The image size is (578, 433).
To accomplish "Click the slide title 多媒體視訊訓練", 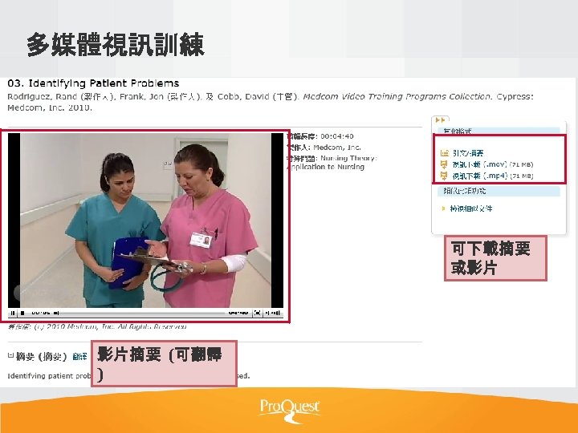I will pyautogui.click(x=116, y=45).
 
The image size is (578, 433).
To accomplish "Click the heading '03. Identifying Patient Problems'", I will pyautogui.click(x=94, y=83).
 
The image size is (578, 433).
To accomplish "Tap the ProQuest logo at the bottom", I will pyautogui.click(x=289, y=407).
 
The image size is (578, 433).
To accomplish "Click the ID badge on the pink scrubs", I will pyautogui.click(x=200, y=239).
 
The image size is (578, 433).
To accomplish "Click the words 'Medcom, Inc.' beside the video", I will pyautogui.click(x=340, y=148).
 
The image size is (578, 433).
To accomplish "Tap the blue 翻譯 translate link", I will pyautogui.click(x=80, y=356).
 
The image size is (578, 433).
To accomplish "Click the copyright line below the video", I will pyautogui.click(x=96, y=327).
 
